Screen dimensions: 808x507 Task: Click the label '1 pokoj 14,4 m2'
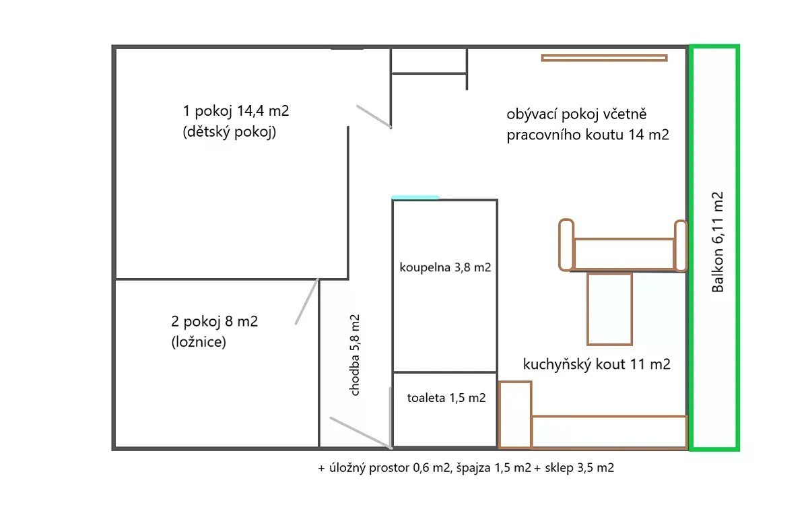236,111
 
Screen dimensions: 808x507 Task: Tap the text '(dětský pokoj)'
230,131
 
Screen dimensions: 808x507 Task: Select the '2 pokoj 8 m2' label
215,321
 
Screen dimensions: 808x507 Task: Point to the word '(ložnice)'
199,342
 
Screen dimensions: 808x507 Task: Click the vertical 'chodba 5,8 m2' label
355,356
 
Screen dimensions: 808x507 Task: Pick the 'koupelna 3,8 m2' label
445,267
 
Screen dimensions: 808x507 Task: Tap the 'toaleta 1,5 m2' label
446,398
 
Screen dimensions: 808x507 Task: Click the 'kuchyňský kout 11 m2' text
597,364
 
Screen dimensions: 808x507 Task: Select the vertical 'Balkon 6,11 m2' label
718,242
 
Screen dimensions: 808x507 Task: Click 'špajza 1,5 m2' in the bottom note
494,468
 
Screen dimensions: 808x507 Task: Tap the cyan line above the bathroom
415,197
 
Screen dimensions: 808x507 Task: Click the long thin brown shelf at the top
604,58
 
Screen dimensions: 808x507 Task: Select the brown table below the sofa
609,309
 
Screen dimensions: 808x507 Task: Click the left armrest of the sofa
566,245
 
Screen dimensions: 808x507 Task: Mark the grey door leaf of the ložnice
306,302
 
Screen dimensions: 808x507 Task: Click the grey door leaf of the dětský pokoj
374,116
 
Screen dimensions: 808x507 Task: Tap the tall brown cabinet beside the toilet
515,415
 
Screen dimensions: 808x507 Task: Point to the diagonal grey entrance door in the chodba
361,433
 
